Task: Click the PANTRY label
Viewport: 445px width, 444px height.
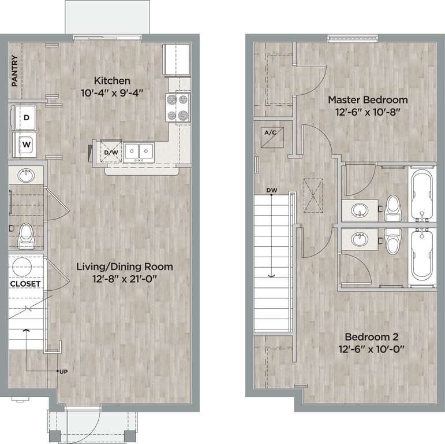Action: (x=15, y=71)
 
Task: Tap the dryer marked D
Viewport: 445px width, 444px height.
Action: (x=24, y=117)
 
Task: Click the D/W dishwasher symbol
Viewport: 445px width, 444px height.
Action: (x=111, y=152)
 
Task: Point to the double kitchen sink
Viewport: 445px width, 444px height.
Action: (x=139, y=153)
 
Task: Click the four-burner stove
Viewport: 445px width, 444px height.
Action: (x=178, y=108)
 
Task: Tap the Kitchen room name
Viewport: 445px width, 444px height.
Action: (x=112, y=81)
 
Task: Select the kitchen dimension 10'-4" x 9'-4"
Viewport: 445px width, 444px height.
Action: (x=112, y=93)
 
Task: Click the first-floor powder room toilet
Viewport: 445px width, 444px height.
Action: (x=25, y=236)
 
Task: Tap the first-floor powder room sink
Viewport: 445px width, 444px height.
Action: (x=26, y=175)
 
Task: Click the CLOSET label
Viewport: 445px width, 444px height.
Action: (x=25, y=284)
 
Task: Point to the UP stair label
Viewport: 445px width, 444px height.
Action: (x=64, y=372)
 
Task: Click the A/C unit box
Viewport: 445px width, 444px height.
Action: (x=272, y=137)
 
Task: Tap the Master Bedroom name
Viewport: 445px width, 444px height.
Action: (x=368, y=100)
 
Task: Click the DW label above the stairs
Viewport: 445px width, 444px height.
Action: (x=272, y=190)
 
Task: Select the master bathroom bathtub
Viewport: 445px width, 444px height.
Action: (x=422, y=195)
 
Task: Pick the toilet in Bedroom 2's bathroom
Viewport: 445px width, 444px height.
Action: (x=392, y=241)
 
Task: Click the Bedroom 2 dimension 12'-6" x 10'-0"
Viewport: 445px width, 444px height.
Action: (x=371, y=349)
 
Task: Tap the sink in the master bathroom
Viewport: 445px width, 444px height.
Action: (x=360, y=210)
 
